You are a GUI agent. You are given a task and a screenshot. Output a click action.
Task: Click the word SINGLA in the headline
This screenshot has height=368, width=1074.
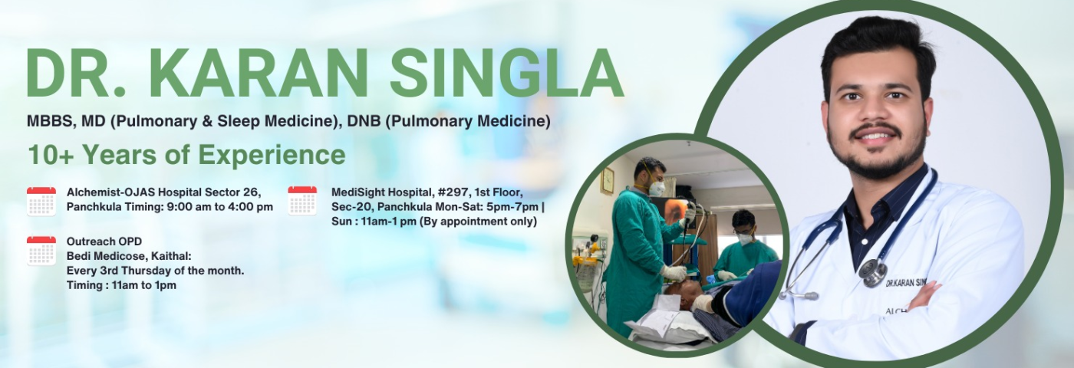click(x=507, y=73)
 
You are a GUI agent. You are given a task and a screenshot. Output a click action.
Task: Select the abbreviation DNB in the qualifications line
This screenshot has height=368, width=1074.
click(x=364, y=121)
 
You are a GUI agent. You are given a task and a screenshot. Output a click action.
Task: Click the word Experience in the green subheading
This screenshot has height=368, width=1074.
click(x=272, y=156)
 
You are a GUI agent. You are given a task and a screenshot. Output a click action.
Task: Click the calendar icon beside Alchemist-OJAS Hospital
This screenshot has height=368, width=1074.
click(x=41, y=201)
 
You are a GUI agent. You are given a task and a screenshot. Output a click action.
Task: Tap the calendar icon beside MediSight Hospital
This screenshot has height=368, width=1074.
click(x=302, y=200)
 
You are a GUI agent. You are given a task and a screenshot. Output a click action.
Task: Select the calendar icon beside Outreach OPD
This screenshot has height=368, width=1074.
click(x=41, y=251)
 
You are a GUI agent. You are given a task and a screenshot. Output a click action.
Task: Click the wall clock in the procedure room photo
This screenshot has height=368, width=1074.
click(x=607, y=180)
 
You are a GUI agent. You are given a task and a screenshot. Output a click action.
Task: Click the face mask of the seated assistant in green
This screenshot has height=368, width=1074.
click(x=745, y=238)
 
